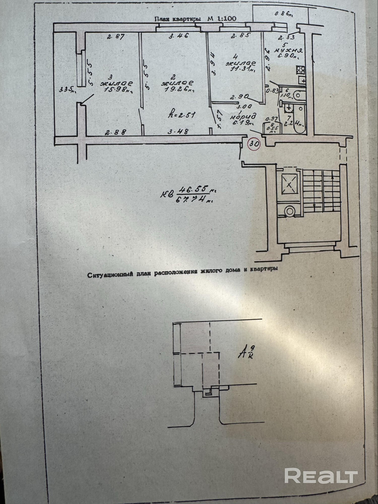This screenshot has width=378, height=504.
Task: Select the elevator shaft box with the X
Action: coord(289,184)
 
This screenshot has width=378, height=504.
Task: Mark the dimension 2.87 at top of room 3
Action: coord(116,37)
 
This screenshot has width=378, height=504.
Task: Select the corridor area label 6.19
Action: coord(242,123)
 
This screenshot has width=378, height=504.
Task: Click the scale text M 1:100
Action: coord(222,19)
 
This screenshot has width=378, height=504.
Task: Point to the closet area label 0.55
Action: coord(272,128)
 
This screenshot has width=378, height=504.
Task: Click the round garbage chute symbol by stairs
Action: coord(290,211)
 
